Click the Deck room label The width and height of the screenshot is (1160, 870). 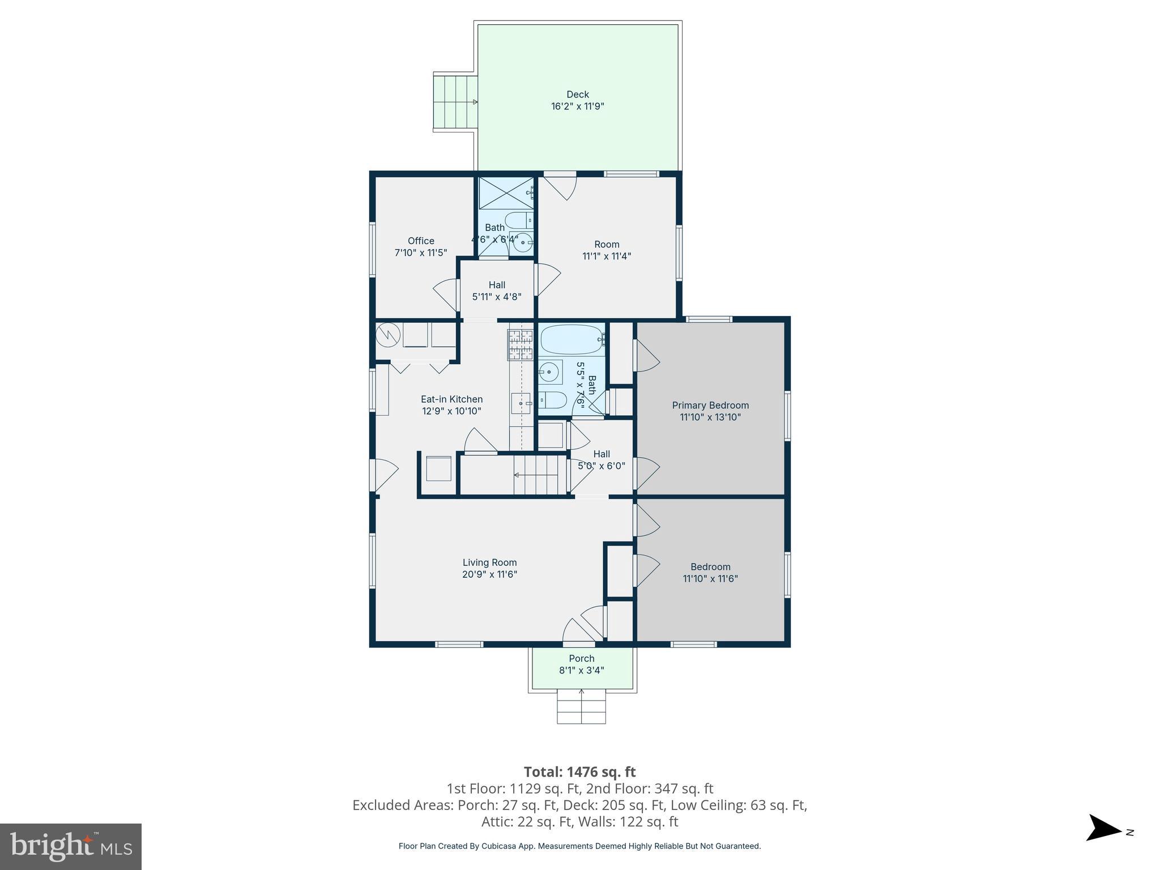578,95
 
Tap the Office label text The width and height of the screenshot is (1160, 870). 421,241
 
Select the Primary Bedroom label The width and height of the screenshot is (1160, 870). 710,405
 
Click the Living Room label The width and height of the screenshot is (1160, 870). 489,562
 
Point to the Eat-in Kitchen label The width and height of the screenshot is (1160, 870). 451,399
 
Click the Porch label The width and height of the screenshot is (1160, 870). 582,658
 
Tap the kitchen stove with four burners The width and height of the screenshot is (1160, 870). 521,345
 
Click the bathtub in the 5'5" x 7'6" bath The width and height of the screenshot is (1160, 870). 573,339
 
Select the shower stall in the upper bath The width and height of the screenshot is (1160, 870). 506,193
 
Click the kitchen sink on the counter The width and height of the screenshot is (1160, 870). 521,403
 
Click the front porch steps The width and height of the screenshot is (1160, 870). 581,706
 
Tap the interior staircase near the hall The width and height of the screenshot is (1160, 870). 540,475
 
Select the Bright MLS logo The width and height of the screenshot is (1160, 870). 71,846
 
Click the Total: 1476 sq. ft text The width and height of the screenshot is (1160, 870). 579,772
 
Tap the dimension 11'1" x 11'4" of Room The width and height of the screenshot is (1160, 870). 607,256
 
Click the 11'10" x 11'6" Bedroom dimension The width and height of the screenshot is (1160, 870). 710,579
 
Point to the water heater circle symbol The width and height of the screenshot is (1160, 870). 388,335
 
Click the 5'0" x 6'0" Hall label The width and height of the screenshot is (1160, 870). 602,466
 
